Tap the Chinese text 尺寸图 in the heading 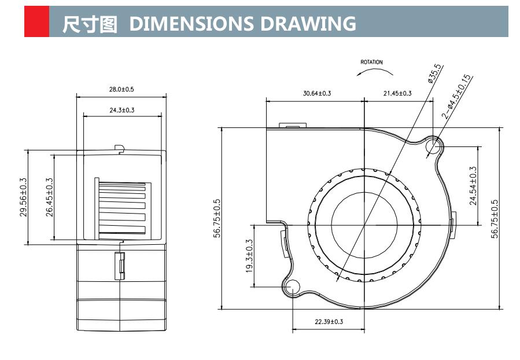(90, 24)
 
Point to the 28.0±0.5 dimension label (121, 90)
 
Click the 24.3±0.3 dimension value (121, 109)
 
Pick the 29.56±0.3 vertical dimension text (23, 197)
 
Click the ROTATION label (371, 62)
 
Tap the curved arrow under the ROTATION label (374, 72)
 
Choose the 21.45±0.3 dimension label (397, 93)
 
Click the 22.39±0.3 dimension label (329, 322)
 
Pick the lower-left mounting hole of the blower (293, 285)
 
